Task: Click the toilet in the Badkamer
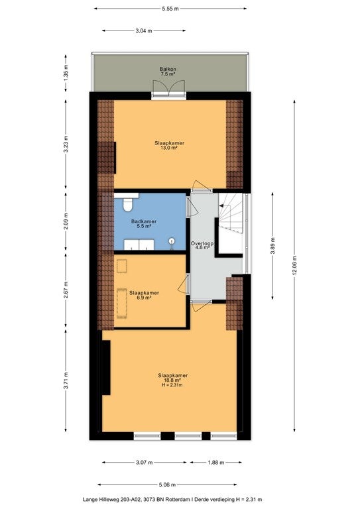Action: (x=127, y=204)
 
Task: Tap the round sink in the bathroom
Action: (x=172, y=241)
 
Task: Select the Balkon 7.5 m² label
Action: (x=168, y=72)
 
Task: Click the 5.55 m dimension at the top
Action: (x=170, y=9)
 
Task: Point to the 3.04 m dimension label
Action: (x=144, y=31)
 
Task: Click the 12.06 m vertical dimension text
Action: (x=294, y=266)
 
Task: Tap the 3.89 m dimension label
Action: (x=272, y=246)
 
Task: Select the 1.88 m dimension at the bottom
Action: (x=216, y=463)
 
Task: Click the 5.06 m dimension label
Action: (x=167, y=485)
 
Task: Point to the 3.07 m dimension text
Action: (x=144, y=463)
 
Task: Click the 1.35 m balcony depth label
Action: (x=66, y=73)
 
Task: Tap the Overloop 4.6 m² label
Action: (x=202, y=245)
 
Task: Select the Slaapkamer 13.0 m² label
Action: (x=170, y=145)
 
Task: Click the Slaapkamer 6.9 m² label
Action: (x=144, y=295)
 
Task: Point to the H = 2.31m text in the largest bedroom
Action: (x=172, y=385)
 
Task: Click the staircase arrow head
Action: (x=221, y=205)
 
